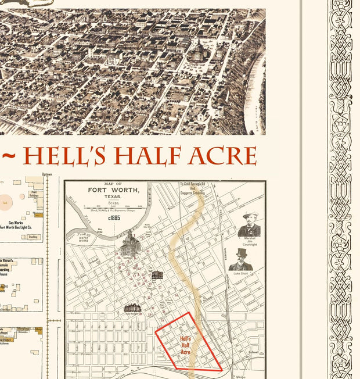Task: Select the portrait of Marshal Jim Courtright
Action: pos(249,224)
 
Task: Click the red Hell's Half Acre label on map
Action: pos(186,345)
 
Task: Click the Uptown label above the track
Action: pos(47,174)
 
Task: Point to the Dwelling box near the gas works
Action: pos(34,237)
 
